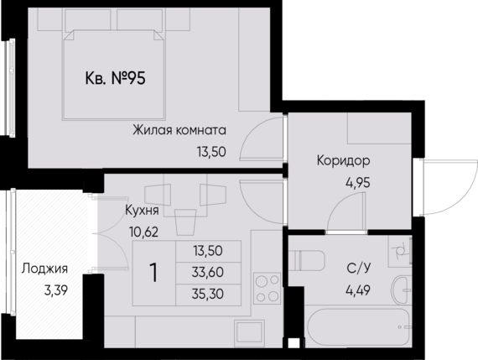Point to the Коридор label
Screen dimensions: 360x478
tap(343, 160)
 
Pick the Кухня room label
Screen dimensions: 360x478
tap(138, 209)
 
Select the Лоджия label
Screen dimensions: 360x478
tap(44, 270)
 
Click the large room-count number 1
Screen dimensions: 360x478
tap(155, 273)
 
